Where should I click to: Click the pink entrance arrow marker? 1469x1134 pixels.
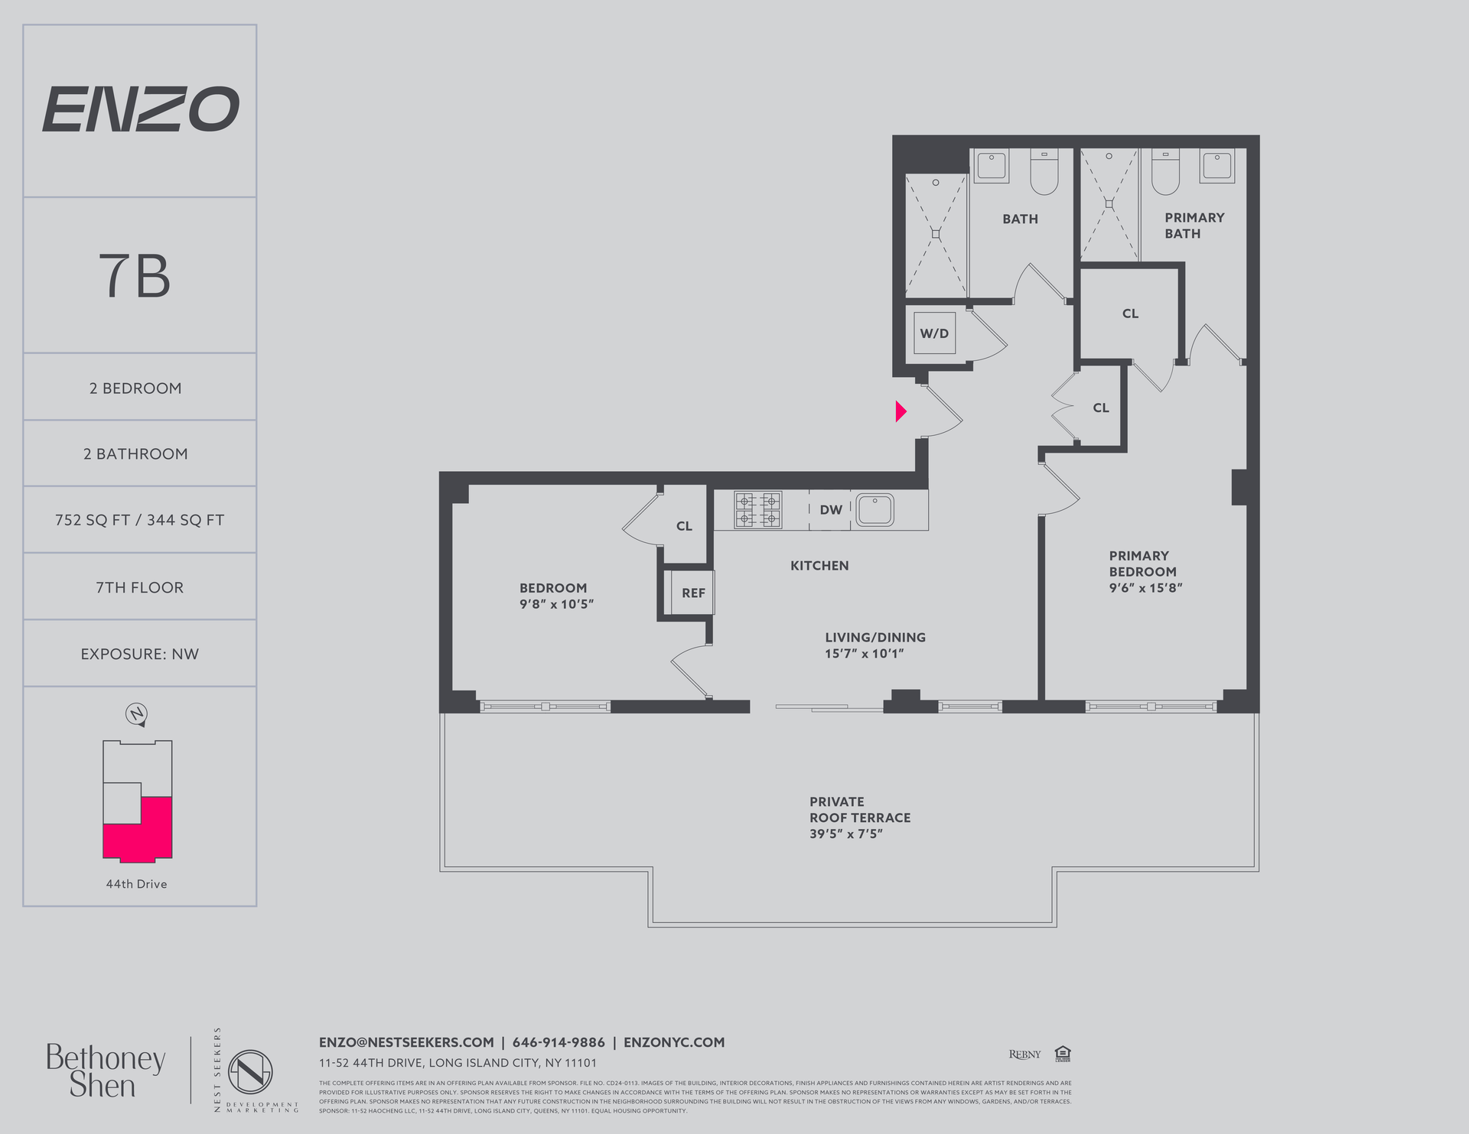click(901, 411)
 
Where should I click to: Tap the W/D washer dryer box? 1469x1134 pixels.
click(934, 333)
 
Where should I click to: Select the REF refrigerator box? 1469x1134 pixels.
click(693, 593)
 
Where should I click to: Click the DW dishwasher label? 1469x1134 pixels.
click(831, 510)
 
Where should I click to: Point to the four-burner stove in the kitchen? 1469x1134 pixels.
click(757, 510)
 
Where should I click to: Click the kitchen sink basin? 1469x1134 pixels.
click(875, 509)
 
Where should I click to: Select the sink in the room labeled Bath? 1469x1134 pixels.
click(992, 165)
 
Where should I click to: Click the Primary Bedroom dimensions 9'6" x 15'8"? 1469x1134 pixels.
click(1145, 588)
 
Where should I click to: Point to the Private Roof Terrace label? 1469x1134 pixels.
click(859, 810)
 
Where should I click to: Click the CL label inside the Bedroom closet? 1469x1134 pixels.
click(684, 526)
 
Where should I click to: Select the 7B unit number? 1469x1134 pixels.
click(135, 276)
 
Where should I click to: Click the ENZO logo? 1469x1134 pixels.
click(140, 109)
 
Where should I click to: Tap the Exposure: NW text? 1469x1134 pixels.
click(139, 654)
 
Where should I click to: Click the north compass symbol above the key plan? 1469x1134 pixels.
click(136, 714)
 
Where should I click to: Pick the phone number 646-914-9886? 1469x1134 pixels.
click(559, 1042)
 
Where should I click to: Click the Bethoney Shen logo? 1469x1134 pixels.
click(106, 1071)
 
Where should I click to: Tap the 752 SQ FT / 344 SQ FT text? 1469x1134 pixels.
click(139, 520)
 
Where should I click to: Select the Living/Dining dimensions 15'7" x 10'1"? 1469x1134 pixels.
click(864, 654)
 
